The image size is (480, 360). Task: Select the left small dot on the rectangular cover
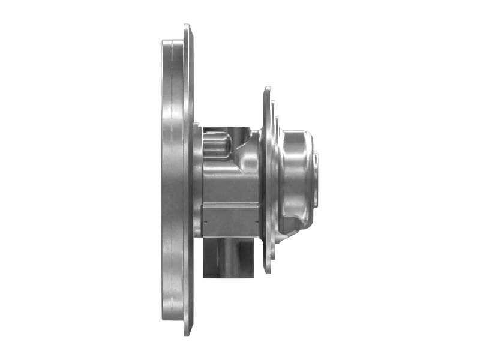206,220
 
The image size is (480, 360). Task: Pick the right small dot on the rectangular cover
257,220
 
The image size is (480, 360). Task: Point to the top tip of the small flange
267,89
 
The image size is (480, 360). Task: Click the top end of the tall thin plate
187,26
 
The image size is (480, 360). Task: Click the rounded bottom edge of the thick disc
172,316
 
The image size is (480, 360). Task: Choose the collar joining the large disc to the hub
197,180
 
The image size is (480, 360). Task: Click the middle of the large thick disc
172,180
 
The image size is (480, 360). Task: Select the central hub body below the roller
231,180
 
